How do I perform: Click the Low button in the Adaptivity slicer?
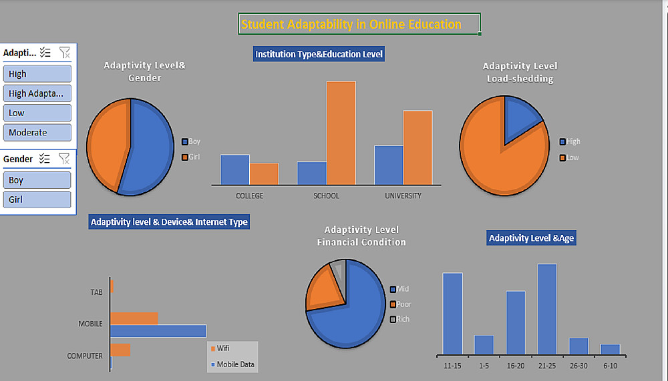(x=37, y=113)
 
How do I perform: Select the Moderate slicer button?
(x=37, y=132)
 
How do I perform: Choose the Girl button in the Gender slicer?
(x=37, y=200)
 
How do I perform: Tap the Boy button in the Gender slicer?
(x=37, y=180)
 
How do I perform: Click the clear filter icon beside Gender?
(x=64, y=159)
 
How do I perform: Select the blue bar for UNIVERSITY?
(x=388, y=164)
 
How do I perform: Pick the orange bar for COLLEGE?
(x=264, y=173)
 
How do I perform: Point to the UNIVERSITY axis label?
(x=403, y=196)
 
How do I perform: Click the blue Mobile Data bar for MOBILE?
(x=158, y=330)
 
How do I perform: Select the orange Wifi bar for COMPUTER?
(x=120, y=350)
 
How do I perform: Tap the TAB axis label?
(x=96, y=292)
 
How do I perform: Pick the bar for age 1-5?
(x=484, y=344)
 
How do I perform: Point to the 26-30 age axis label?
(x=578, y=366)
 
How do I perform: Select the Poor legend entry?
(x=403, y=304)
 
